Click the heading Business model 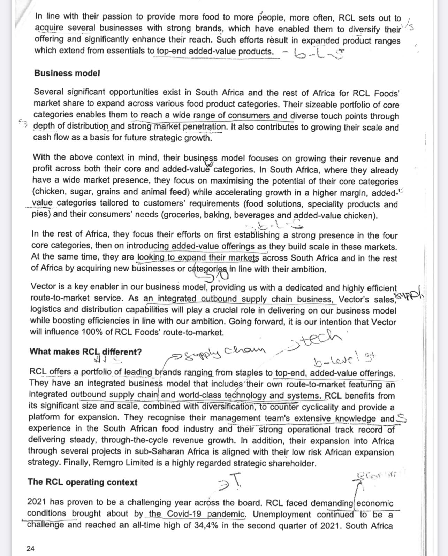point(67,73)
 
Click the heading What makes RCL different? point(85,352)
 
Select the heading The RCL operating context point(83,482)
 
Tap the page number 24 point(30,549)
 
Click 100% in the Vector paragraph point(92,332)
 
